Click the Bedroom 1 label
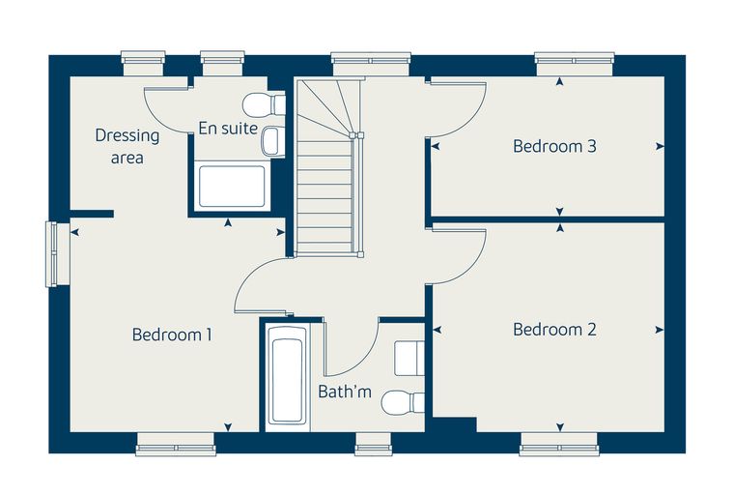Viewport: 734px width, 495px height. tap(172, 335)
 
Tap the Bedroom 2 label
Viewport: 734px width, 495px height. tap(554, 330)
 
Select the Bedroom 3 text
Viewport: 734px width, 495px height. tap(554, 146)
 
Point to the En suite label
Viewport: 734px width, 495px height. tap(228, 128)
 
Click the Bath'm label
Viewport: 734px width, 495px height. tap(345, 392)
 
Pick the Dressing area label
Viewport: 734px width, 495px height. tap(127, 146)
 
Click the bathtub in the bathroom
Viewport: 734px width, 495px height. tap(287, 375)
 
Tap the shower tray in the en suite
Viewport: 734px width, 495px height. tap(232, 186)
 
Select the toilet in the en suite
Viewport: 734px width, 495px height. tap(264, 104)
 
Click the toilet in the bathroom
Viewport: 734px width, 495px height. tap(403, 402)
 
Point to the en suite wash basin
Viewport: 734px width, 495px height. tap(272, 141)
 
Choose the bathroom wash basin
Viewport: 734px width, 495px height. tap(409, 359)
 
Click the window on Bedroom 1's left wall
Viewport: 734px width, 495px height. tap(51, 253)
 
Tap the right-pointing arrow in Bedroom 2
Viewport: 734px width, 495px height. tap(660, 330)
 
